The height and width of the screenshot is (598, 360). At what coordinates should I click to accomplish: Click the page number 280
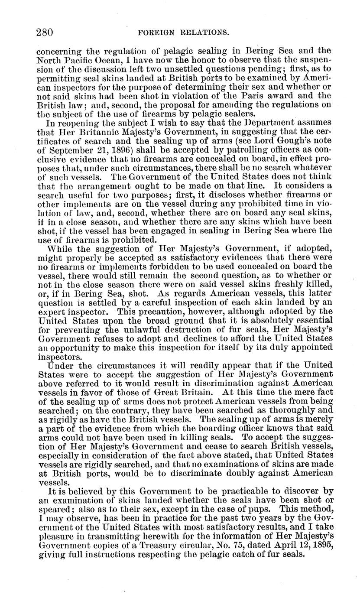click(45, 32)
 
